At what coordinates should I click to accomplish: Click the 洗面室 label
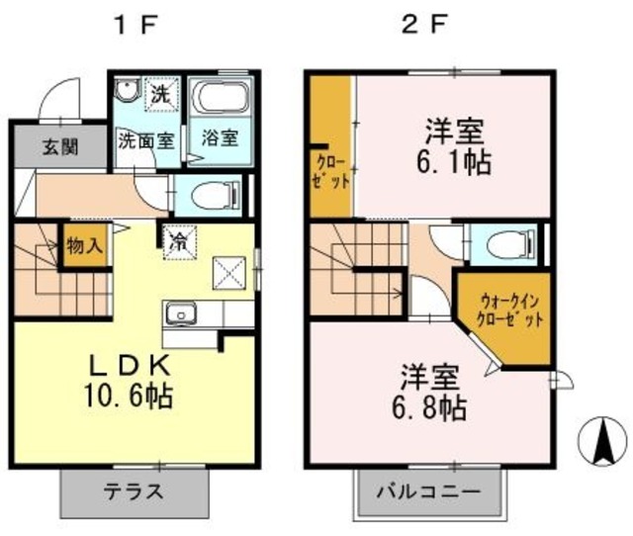point(146,139)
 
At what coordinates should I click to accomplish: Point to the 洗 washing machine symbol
point(160,95)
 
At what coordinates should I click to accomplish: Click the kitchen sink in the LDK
point(181,315)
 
